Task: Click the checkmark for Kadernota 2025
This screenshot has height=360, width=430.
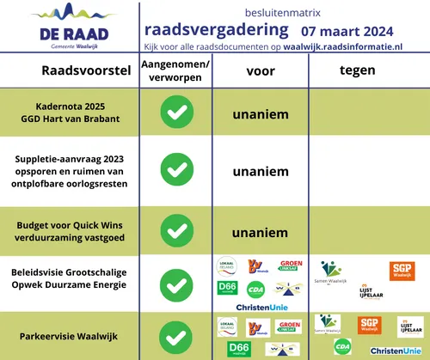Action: [x=177, y=113]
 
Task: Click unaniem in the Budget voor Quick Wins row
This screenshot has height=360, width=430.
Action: [x=260, y=232]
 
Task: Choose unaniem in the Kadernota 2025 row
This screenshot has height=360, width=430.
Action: [x=260, y=113]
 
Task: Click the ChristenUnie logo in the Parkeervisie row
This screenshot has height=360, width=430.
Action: [x=395, y=351]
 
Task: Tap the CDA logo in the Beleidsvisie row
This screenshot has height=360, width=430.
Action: [x=255, y=290]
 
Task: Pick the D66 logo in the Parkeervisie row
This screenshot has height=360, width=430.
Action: [x=236, y=349]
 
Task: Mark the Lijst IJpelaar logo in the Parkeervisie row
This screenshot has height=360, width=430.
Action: [x=410, y=326]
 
